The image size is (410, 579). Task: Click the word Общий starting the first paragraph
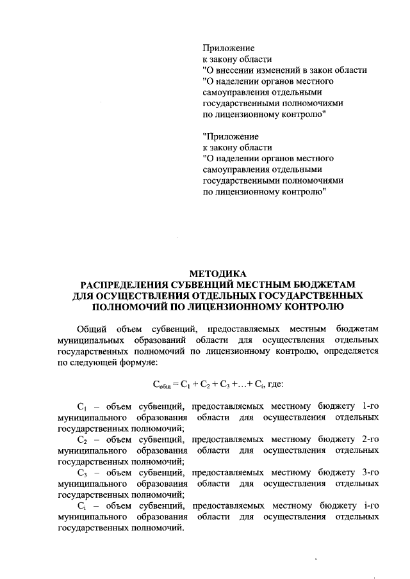click(91, 328)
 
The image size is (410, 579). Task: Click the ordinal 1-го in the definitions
click(370, 406)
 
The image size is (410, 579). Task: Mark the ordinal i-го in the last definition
click(371, 506)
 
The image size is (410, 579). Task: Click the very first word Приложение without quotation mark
click(229, 48)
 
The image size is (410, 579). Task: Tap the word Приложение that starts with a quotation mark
click(231, 136)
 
